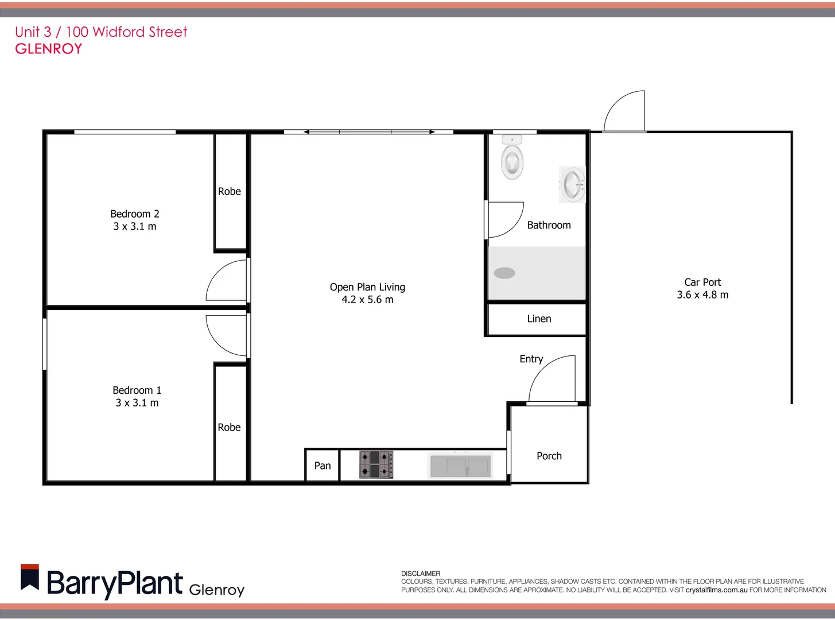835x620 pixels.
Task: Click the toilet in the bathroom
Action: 512,158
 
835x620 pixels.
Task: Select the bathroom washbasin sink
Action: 572,185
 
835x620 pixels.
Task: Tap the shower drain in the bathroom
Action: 504,273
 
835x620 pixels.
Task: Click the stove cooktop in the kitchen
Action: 376,464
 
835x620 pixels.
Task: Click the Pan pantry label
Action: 323,466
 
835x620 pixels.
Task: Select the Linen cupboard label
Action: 539,319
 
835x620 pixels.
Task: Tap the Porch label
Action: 549,456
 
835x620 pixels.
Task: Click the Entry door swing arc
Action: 550,379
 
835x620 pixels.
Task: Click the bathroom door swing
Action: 505,220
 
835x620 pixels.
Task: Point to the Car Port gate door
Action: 624,111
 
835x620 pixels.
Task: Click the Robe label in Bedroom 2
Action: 230,191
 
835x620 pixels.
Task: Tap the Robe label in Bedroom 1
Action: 229,427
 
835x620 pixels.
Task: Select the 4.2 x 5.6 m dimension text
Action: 367,300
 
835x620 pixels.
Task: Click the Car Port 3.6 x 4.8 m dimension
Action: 702,295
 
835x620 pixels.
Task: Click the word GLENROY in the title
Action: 49,49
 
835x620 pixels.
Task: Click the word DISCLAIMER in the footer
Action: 421,573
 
